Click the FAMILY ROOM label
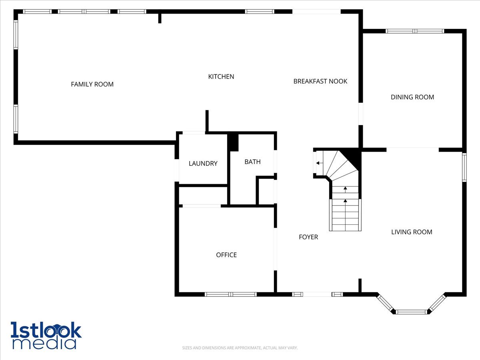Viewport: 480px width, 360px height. pos(92,84)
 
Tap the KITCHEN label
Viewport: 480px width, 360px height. pos(221,76)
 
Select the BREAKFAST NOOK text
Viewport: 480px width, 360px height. pos(320,81)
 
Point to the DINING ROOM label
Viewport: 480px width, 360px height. pos(412,97)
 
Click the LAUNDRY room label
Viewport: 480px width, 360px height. pos(203,164)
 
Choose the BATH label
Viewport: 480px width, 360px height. pos(252,162)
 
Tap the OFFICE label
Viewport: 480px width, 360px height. pos(226,255)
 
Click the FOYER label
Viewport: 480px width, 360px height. pos(308,237)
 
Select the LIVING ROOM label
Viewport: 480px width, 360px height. pos(412,232)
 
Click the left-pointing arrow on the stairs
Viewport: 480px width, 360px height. pos(320,163)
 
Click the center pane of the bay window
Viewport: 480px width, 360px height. pos(411,312)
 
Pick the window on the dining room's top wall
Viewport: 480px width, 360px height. pos(415,31)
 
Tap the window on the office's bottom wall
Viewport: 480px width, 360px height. pos(231,294)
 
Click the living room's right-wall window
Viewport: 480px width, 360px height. pos(464,168)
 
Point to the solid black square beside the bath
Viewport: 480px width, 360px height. pos(233,142)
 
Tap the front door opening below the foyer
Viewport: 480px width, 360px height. pos(317,294)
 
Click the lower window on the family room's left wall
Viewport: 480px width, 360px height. pos(16,119)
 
